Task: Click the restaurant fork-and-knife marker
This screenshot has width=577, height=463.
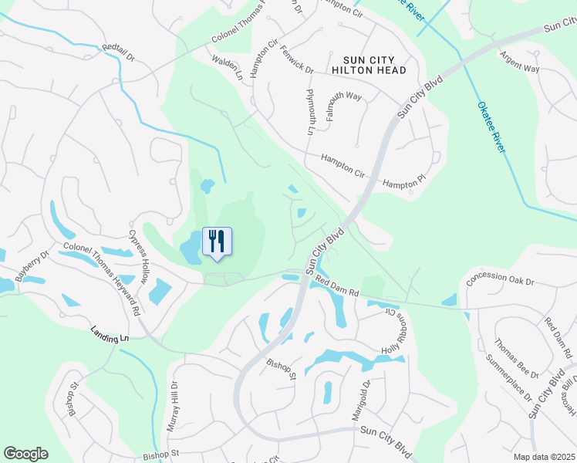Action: (x=217, y=241)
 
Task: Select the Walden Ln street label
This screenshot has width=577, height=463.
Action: (x=227, y=67)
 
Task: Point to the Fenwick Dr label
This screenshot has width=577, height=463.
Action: (x=297, y=59)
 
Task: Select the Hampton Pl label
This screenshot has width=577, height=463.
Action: (x=404, y=184)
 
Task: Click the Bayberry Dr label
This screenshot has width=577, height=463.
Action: (x=32, y=263)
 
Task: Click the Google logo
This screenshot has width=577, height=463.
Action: (x=25, y=454)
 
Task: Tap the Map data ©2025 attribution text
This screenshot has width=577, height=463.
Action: (x=544, y=457)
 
